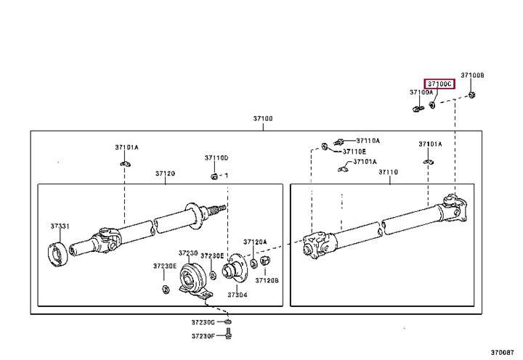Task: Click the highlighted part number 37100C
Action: pyautogui.click(x=439, y=84)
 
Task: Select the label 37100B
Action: pyautogui.click(x=472, y=75)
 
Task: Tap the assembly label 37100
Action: pyautogui.click(x=263, y=118)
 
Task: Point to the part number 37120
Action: pyautogui.click(x=165, y=173)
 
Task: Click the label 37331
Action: pyautogui.click(x=60, y=226)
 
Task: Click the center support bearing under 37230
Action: pyautogui.click(x=195, y=281)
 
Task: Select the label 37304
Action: pyautogui.click(x=238, y=295)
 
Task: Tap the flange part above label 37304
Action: pyautogui.click(x=234, y=268)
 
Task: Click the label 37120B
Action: pyautogui.click(x=267, y=280)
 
